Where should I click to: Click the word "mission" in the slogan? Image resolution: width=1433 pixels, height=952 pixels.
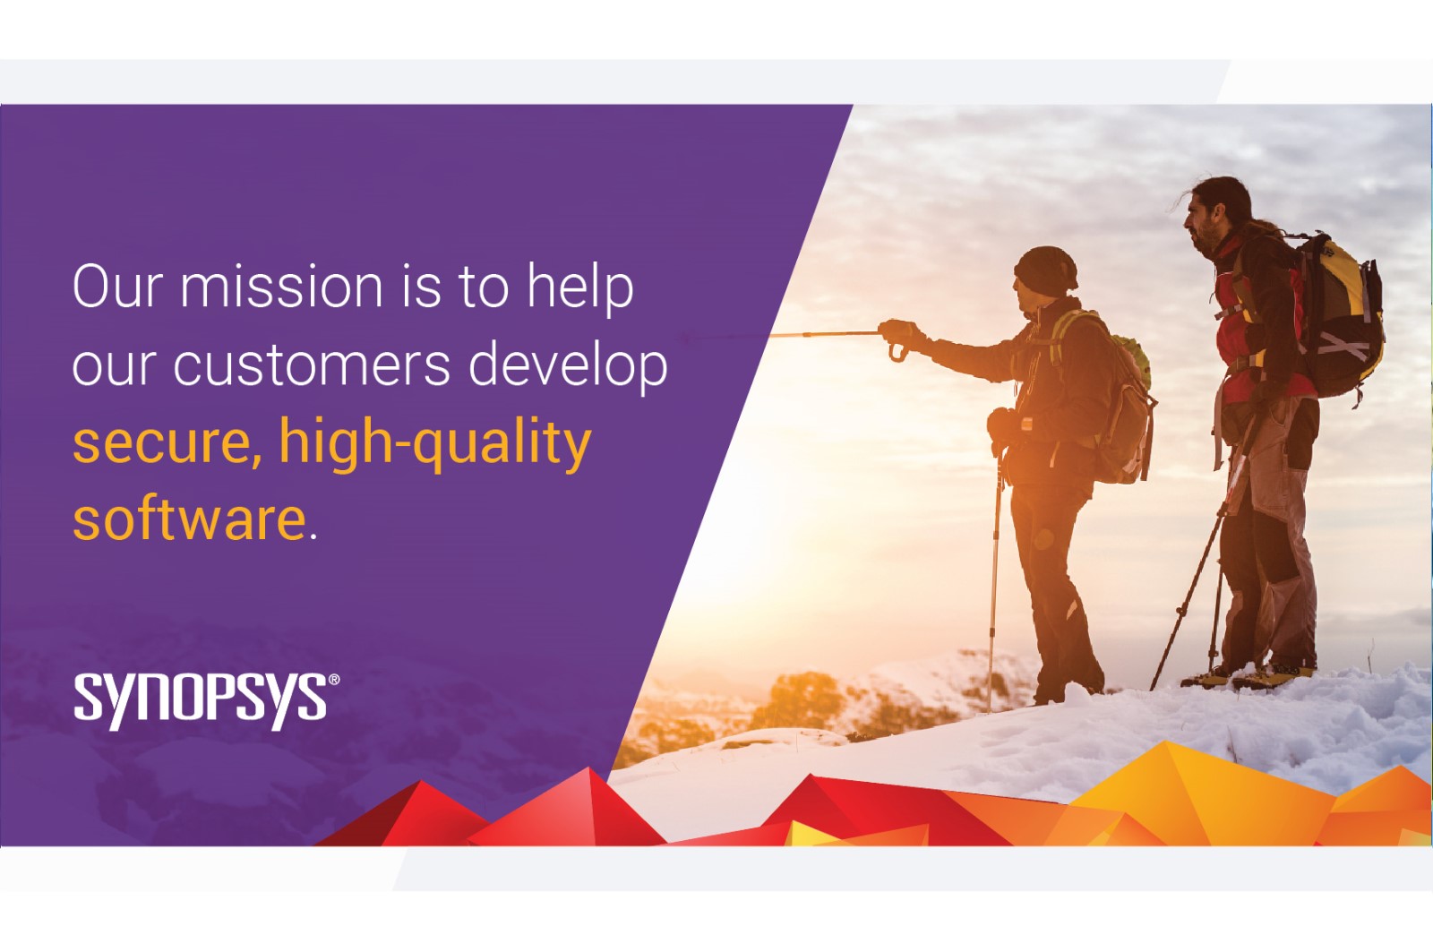(x=281, y=287)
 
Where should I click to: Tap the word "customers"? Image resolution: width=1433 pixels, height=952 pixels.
(x=313, y=364)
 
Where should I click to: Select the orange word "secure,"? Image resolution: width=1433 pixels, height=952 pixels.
(x=167, y=444)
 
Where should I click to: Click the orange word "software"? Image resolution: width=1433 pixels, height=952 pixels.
(x=189, y=519)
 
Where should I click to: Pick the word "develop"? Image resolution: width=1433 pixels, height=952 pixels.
(x=569, y=365)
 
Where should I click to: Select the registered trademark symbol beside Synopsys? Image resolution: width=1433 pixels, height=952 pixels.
(x=333, y=680)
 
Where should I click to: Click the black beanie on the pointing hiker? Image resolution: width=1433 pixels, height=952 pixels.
(x=1045, y=271)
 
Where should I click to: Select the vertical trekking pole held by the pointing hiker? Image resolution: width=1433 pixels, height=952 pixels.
(x=994, y=576)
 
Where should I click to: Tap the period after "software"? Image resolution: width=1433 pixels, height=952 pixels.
(x=313, y=536)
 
